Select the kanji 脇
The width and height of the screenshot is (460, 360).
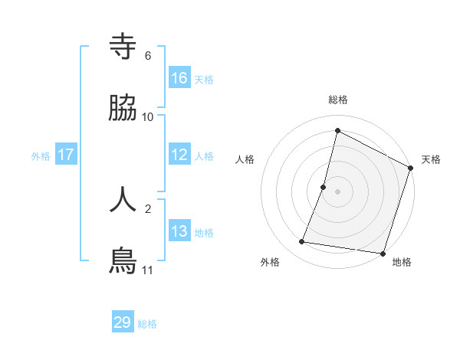click(123, 108)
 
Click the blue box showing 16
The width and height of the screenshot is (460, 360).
click(179, 78)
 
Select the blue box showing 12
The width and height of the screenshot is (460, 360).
click(179, 155)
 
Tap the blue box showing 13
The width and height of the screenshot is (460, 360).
click(179, 231)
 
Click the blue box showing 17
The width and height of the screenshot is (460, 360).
click(66, 155)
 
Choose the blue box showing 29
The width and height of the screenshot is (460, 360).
click(123, 322)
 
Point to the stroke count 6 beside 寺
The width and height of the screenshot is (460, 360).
click(148, 56)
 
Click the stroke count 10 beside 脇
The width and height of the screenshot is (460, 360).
click(148, 117)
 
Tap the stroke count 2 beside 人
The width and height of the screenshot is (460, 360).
click(148, 208)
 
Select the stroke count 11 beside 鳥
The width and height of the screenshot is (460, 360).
click(148, 270)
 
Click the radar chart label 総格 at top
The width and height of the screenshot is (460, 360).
click(338, 100)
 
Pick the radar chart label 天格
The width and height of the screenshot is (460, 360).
click(431, 159)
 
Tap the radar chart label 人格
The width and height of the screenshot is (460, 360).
click(245, 159)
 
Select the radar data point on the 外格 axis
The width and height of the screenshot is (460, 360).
click(302, 242)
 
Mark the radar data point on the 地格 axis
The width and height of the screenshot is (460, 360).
click(382, 253)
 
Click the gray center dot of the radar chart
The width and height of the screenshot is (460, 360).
click(338, 191)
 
